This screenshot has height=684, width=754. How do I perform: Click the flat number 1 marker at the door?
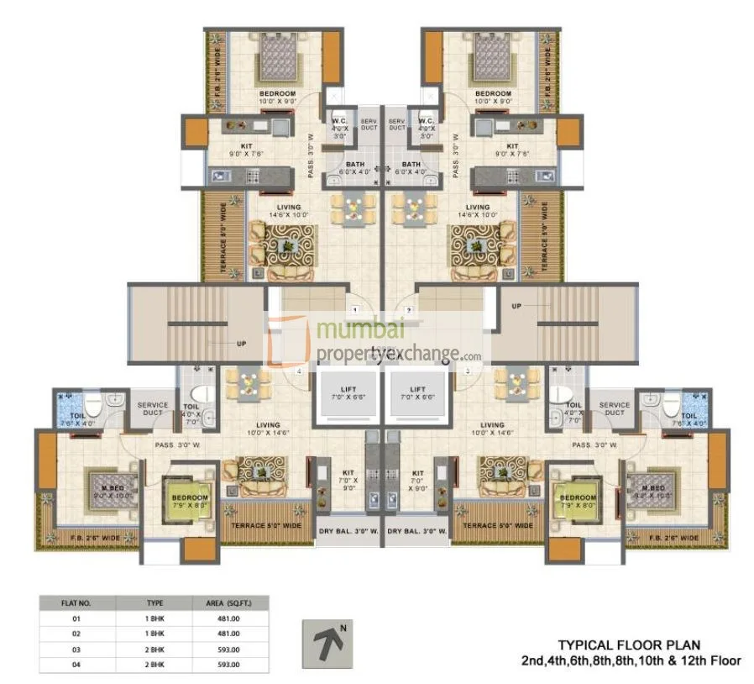355,309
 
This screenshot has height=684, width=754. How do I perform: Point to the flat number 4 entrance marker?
299,370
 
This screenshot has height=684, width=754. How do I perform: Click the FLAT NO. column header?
76,602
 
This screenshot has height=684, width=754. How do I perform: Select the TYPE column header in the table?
155,602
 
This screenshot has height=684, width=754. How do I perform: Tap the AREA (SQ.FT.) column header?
229,602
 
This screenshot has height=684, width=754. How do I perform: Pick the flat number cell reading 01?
76,618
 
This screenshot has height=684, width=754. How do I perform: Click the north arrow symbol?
322,644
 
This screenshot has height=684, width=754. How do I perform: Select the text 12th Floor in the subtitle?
713,660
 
